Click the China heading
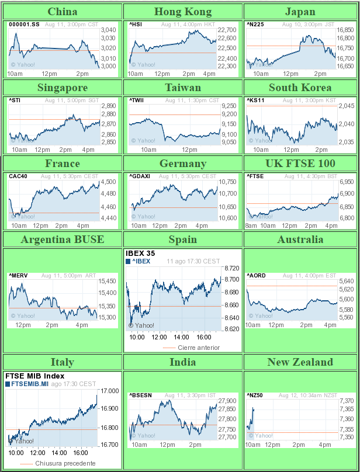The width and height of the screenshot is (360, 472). tap(63, 12)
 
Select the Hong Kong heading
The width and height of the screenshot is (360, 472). tap(184, 12)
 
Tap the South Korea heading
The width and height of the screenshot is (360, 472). tap(300, 88)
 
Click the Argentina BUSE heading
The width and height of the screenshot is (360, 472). tap(63, 240)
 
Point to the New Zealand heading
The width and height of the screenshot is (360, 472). tap(300, 362)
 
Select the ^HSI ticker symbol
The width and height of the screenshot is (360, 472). tap(136, 25)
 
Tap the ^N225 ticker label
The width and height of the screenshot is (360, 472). tap(255, 25)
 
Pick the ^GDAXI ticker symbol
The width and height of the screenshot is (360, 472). tap(140, 176)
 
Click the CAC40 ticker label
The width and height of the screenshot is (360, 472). tap(18, 176)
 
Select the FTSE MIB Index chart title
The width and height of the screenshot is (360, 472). tap(34, 376)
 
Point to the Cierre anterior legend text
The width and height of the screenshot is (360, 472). tap(199, 348)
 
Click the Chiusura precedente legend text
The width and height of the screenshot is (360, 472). tap(65, 463)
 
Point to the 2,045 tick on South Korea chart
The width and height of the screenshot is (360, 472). tap(347, 106)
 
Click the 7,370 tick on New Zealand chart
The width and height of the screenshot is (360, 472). tap(347, 400)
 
